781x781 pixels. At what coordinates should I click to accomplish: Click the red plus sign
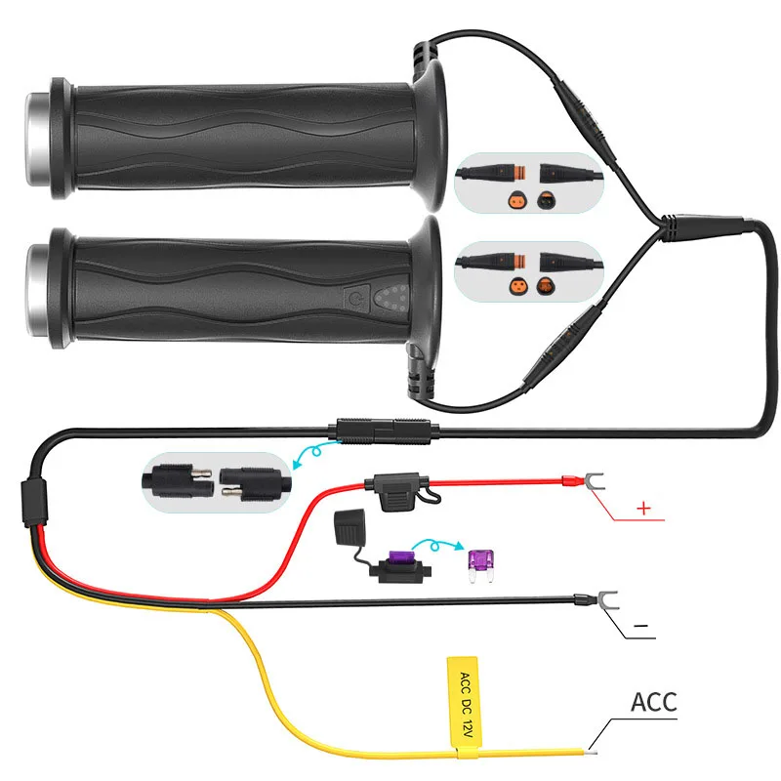pyautogui.click(x=642, y=508)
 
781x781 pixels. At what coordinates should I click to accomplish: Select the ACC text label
pyautogui.click(x=653, y=701)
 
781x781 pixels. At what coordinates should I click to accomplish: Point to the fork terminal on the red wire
pyautogui.click(x=582, y=480)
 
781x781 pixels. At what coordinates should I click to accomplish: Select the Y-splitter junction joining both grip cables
pyautogui.click(x=678, y=228)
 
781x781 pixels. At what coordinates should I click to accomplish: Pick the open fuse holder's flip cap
pyautogui.click(x=349, y=527)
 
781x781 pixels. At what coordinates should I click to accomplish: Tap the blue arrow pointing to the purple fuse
pyautogui.click(x=436, y=547)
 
